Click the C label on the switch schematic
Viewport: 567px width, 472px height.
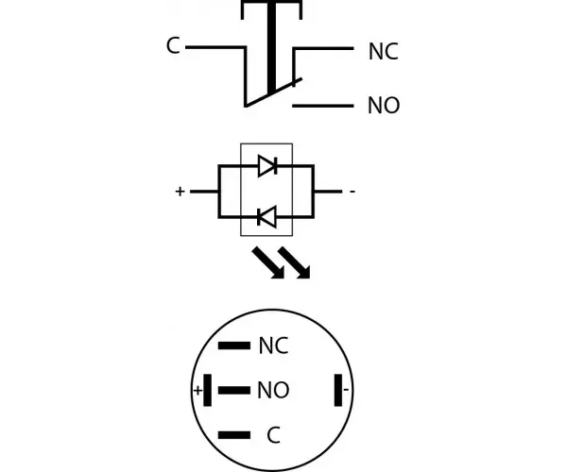point(173,46)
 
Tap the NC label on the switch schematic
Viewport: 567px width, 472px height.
point(384,51)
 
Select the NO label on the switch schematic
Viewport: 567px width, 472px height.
point(384,106)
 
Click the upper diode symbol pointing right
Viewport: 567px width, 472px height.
point(267,166)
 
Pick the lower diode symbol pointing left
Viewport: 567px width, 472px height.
point(266,217)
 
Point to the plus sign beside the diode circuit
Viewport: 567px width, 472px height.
point(180,191)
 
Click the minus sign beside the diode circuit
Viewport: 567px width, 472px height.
point(352,191)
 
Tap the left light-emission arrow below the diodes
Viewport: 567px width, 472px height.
point(268,262)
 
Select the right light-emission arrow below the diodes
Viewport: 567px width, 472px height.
point(294,262)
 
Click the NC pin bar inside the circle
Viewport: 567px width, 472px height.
point(234,346)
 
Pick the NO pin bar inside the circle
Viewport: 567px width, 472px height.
point(234,390)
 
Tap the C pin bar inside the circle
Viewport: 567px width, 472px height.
point(234,435)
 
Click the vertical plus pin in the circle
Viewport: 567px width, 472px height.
point(208,390)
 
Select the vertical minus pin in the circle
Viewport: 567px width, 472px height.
point(338,390)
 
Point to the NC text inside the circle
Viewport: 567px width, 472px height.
point(274,346)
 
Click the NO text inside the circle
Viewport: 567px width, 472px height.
point(273,390)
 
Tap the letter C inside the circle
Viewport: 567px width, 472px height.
point(274,435)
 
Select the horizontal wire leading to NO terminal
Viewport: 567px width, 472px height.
point(323,106)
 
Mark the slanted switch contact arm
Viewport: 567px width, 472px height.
point(273,93)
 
